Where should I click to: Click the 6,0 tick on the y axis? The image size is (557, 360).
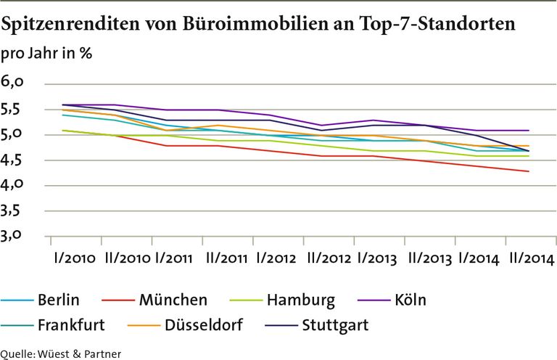pos(15,83)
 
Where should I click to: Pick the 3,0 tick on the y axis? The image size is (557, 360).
pos(15,236)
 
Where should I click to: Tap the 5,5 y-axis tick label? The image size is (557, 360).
pos(15,109)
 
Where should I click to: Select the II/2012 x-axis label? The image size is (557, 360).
pos(331,259)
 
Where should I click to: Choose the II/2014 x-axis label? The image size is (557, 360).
pos(531,259)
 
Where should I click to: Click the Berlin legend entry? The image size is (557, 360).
pos(58,300)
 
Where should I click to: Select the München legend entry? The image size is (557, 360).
pos(173,300)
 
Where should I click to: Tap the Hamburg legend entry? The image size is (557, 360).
pos(300,300)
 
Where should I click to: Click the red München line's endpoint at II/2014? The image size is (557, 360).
pos(529,171)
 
